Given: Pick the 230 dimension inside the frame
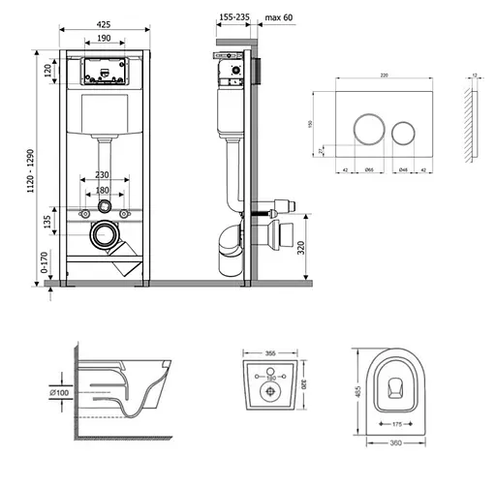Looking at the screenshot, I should tap(105, 175).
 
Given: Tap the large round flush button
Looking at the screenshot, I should tap(369, 129).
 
